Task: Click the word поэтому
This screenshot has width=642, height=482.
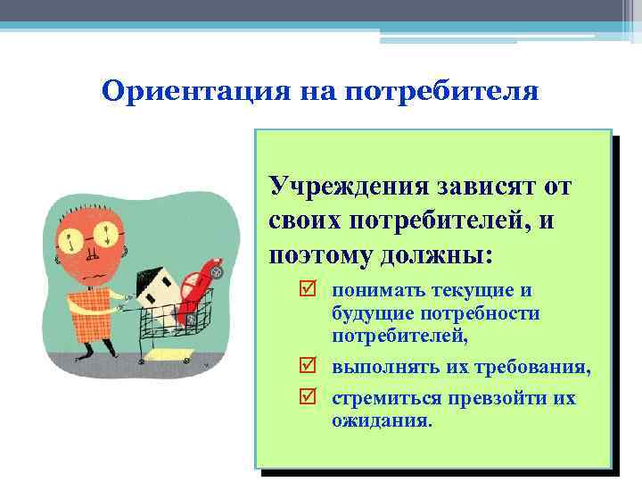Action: (x=312, y=255)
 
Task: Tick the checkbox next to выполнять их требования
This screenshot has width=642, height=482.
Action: (x=309, y=367)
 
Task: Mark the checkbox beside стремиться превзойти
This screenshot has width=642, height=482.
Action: (x=309, y=397)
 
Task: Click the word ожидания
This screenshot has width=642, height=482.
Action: (x=382, y=420)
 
